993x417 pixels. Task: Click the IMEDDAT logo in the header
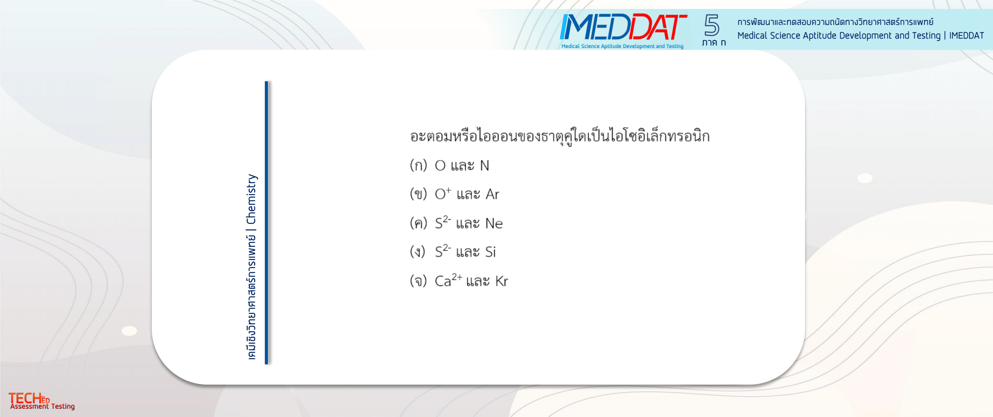(623, 31)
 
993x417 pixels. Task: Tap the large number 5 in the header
(712, 25)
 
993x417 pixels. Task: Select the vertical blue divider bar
(266, 222)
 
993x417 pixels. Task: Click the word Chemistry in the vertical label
(251, 199)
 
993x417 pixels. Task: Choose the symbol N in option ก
(484, 166)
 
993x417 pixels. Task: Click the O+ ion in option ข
(443, 193)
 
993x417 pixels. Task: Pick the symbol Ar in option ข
(492, 194)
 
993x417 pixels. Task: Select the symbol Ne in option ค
(494, 223)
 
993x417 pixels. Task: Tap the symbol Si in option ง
(490, 252)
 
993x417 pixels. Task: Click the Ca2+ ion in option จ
(448, 280)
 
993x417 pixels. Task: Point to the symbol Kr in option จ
(502, 281)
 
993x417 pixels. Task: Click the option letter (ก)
(418, 165)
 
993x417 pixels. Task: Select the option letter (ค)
(418, 223)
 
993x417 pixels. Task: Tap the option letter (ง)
(417, 252)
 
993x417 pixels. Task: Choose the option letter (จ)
(418, 281)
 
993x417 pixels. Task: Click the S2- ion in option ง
(443, 251)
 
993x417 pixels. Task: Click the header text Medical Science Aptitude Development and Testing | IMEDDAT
(860, 36)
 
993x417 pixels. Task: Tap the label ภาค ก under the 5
(714, 42)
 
